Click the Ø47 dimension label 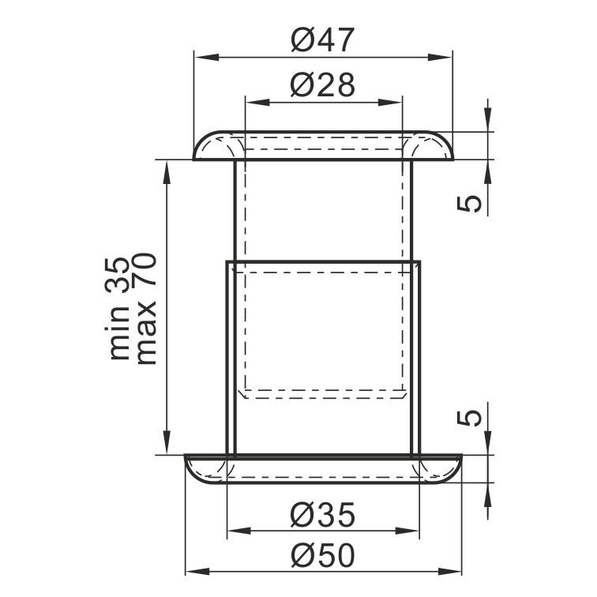coord(323,39)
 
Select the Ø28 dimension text coord(323,84)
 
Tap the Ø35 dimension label coord(323,515)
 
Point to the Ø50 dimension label coord(323,555)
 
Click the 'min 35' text coord(118,309)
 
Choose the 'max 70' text coord(146,309)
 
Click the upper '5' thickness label coord(469,203)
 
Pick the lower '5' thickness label coord(469,418)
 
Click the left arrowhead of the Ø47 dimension coord(207,58)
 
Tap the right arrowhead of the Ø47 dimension coord(439,58)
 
